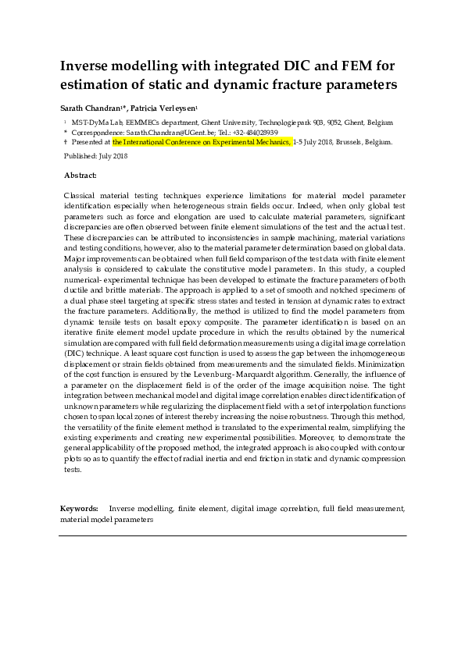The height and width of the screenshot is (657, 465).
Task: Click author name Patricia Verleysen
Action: [168, 108]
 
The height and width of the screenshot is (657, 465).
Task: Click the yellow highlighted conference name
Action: [202, 143]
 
